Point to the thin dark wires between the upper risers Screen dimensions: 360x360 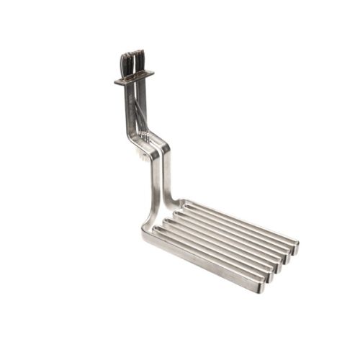[136, 108]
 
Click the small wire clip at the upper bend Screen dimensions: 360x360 [145, 135]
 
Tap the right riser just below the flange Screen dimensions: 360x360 [143, 94]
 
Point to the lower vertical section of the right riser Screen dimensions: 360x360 [166, 180]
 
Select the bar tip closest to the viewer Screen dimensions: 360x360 [261, 285]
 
